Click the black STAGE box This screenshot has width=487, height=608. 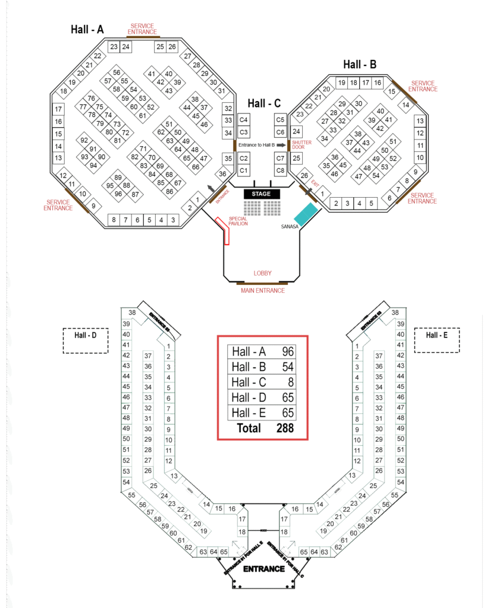261,194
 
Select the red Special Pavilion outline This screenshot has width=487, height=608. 224,230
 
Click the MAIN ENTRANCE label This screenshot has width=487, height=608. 262,290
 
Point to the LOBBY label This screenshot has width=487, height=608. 262,273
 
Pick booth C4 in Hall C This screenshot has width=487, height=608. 243,120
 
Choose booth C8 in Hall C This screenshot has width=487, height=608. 281,171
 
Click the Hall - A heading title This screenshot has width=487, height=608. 87,29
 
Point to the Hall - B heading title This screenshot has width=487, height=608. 360,64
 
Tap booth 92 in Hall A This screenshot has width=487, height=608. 84,141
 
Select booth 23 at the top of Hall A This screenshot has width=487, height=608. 114,46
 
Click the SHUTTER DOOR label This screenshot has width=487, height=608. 301,145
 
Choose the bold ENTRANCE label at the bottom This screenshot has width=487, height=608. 264,569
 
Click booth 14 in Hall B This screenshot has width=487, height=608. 406,105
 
